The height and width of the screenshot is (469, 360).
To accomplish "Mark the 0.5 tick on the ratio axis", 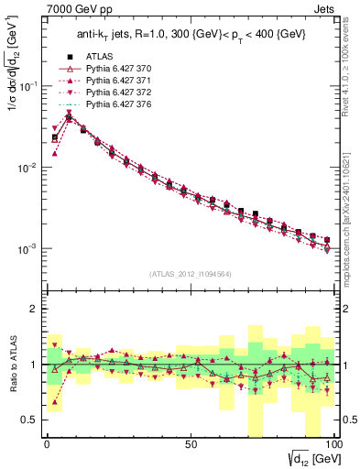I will click(33, 420).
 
